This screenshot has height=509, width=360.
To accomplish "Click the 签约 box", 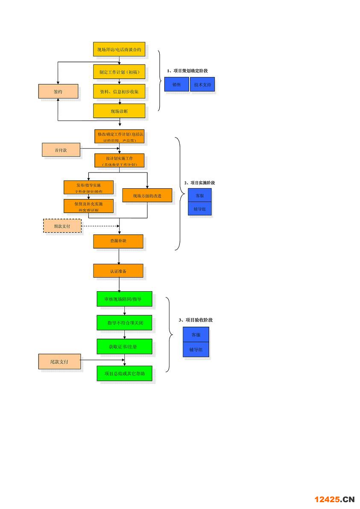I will tap(58, 91).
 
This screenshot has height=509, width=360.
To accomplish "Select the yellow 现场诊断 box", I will tap(119, 111).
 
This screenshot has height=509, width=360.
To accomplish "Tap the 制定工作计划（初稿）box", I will tap(119, 72).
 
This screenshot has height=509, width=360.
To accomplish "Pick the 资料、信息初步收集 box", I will tap(119, 91).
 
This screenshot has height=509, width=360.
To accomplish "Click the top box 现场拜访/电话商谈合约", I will tap(119, 50).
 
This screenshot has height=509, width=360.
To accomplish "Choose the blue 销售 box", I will tap(176, 85).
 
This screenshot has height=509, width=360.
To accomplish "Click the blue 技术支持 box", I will tap(202, 85).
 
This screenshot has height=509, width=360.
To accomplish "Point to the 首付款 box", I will tap(61, 150).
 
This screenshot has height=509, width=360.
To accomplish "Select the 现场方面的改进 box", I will tap(147, 196).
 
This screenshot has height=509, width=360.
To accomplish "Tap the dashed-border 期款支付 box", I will tap(62, 225).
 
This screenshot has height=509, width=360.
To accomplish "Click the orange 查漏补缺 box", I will tap(118, 241).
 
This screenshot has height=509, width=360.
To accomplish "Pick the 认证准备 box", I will tap(118, 271).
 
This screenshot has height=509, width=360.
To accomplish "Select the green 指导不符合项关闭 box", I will tap(124, 322).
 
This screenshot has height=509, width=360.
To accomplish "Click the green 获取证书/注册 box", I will tap(124, 346).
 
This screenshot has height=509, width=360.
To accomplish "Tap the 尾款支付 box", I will tap(59, 362).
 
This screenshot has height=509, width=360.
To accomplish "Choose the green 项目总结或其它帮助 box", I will tap(124, 373).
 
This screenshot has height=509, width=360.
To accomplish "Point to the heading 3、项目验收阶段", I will tap(195, 319).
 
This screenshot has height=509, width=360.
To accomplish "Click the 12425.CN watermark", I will tap(334, 499).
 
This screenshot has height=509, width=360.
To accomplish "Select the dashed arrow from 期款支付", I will tap(100, 225).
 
